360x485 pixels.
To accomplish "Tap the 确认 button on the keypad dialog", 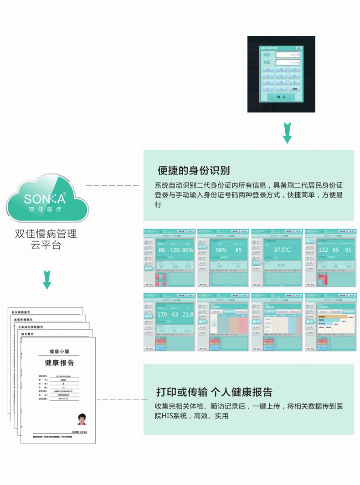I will click(281, 97).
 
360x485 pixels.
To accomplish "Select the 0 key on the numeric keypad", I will click(281, 89).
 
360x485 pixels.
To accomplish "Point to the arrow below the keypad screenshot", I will click(287, 133).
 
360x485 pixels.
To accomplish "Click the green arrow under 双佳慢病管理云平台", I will click(46, 280).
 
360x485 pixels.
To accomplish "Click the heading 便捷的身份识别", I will click(194, 171).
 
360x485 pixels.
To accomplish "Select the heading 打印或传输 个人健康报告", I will click(214, 392).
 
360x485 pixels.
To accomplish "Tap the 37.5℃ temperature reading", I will click(282, 250).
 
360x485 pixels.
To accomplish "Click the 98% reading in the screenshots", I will click(221, 250).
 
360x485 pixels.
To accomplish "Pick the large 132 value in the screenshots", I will click(323, 250).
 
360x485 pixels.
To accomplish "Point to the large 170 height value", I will click(162, 314).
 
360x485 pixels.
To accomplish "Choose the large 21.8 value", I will click(187, 314).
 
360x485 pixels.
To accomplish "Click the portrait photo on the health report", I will click(82, 419).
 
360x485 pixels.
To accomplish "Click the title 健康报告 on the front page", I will click(59, 363).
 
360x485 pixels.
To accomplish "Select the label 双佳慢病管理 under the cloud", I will click(46, 235).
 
